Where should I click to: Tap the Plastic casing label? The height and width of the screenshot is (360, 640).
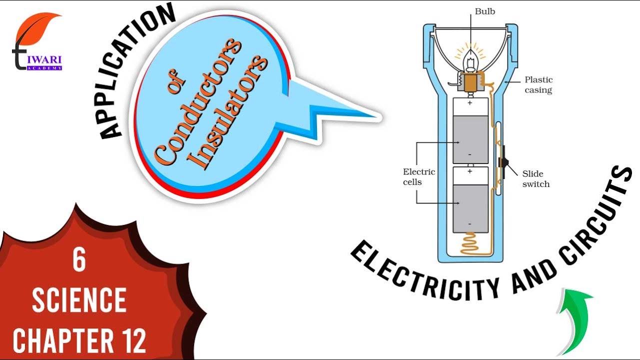(538, 85)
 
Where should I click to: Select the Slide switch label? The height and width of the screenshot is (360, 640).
(535, 179)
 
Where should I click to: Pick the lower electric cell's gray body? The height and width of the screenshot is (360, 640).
(470, 208)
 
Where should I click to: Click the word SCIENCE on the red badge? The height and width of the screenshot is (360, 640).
(79, 300)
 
